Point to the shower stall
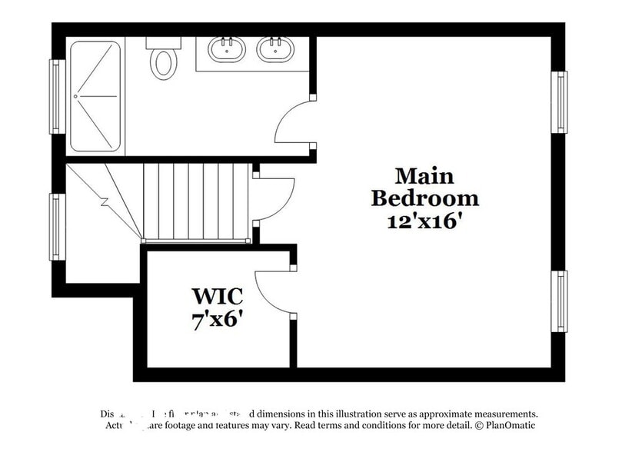point(95,96)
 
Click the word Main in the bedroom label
point(424,176)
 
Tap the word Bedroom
point(424,198)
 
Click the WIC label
point(218,297)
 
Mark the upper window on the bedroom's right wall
point(560,101)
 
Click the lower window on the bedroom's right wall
point(560,301)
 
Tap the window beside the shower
point(55,96)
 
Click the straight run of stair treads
point(196,201)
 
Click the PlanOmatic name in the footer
point(507,425)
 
